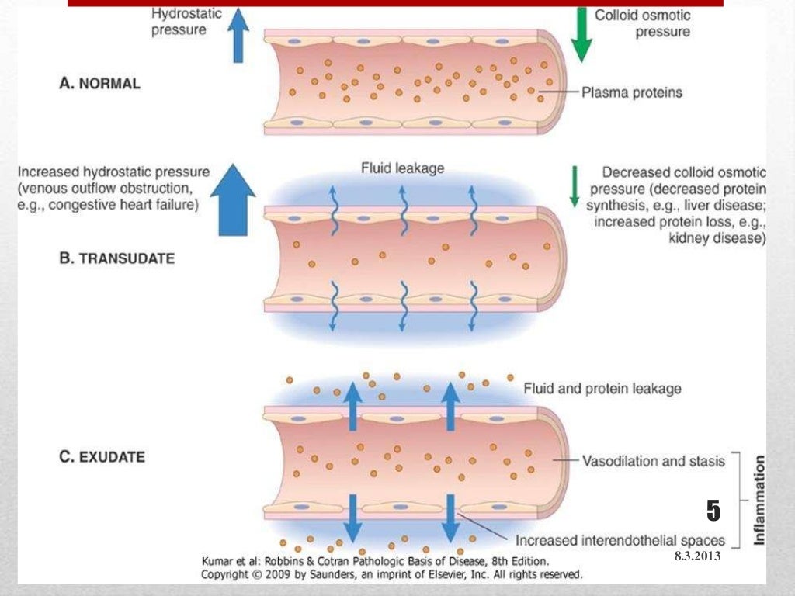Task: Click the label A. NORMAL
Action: coord(100,83)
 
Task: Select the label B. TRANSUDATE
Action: coord(117,258)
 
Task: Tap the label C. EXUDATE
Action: coord(102,456)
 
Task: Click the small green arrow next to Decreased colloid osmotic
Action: coord(575,186)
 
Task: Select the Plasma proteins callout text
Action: coord(632,92)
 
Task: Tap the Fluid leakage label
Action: coord(402,168)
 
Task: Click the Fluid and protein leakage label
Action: coord(602,388)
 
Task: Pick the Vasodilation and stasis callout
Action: coord(653,461)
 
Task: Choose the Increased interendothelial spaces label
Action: coord(620,540)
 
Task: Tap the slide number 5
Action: coord(713,511)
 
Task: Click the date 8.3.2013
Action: coord(697,556)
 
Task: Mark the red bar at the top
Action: coord(395,3)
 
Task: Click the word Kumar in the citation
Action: coord(218,560)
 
